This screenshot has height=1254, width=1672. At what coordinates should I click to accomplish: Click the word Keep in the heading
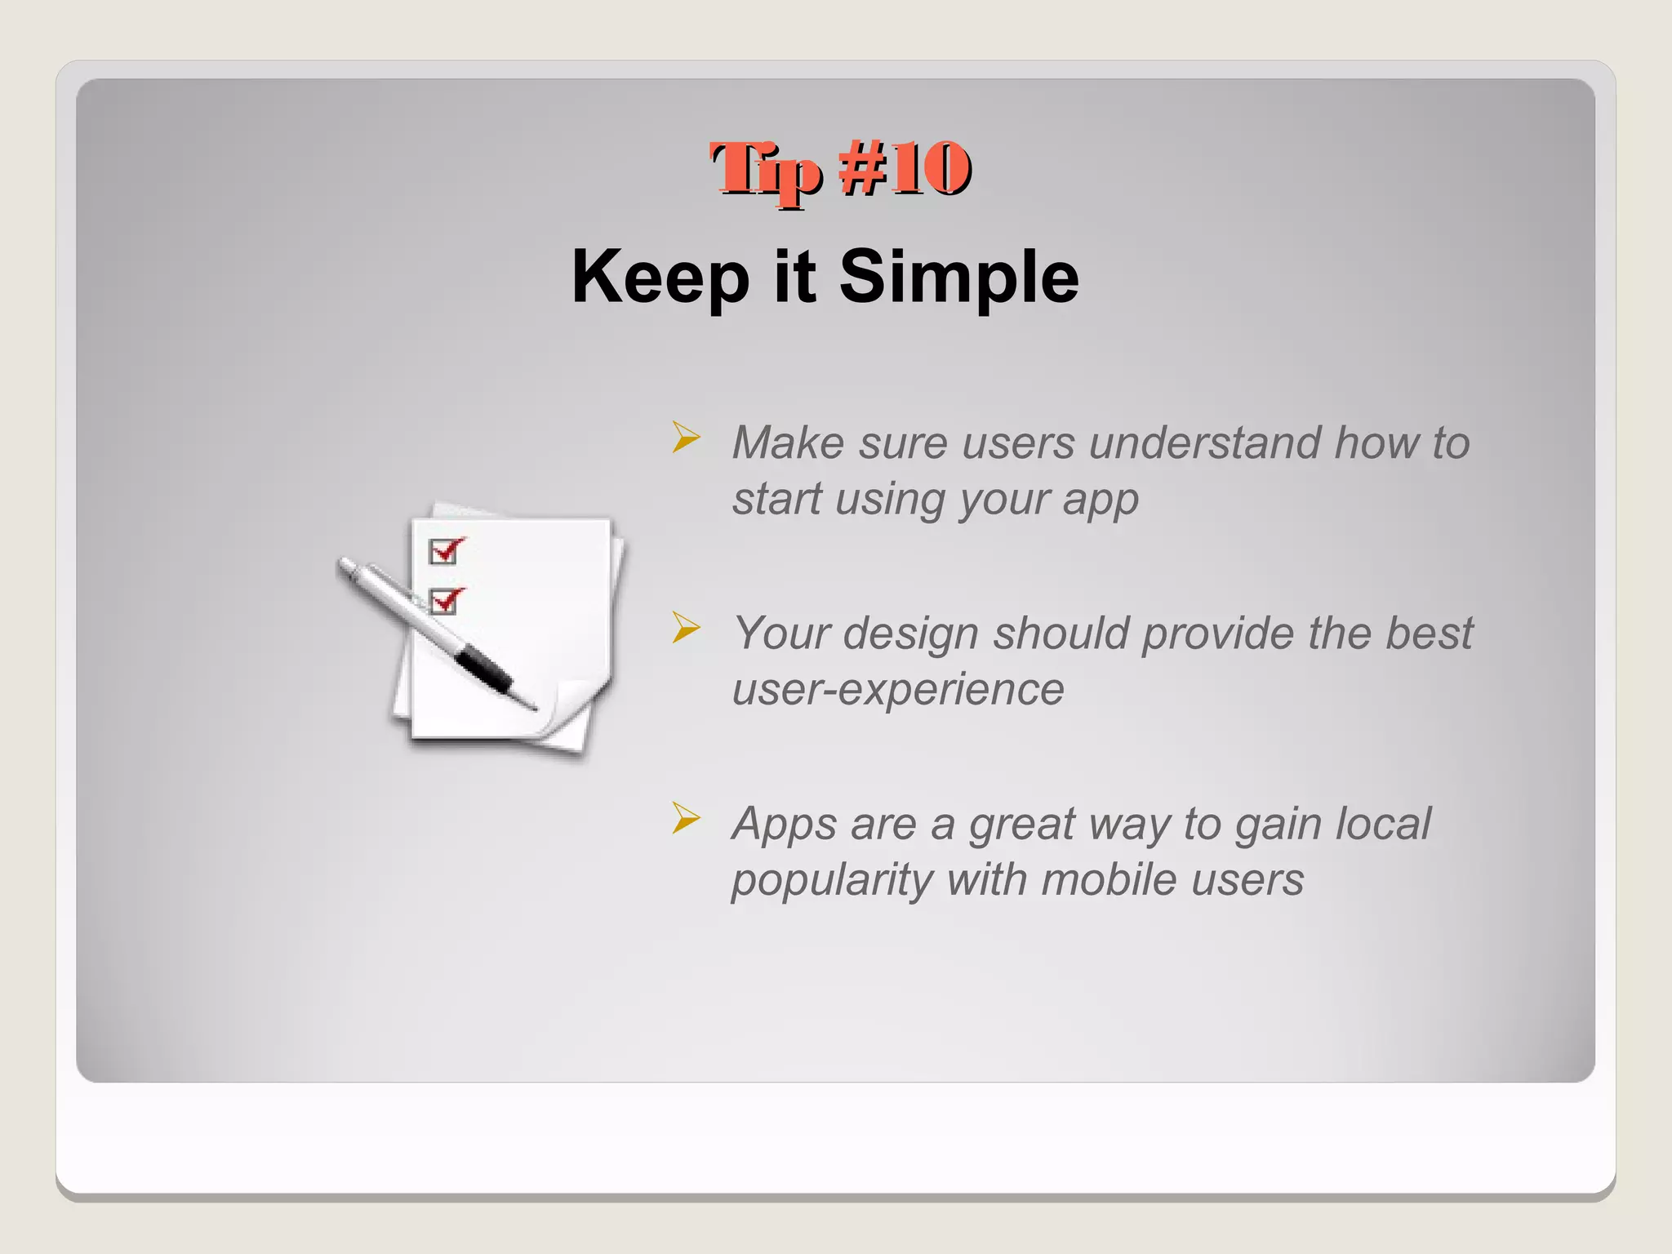click(660, 278)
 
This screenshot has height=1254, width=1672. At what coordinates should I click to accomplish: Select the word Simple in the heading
click(958, 278)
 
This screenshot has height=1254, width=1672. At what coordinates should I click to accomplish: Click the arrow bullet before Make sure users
click(686, 438)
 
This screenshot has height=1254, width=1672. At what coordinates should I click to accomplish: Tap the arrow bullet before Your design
click(686, 628)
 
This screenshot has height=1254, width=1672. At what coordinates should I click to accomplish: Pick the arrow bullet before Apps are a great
click(686, 818)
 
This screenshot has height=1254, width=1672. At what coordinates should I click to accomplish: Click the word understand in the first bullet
click(1204, 443)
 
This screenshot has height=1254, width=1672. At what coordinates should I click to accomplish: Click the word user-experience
click(898, 690)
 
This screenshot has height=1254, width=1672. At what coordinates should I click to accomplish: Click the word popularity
click(832, 881)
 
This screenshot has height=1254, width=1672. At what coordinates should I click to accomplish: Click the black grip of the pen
click(483, 668)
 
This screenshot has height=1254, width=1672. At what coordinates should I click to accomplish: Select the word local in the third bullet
click(1382, 824)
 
